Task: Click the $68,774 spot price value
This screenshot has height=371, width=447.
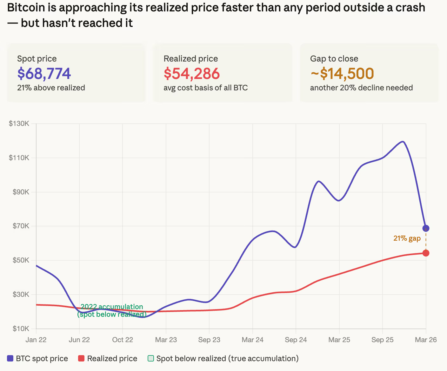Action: tap(44, 74)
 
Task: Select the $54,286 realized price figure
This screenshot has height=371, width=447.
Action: tap(191, 74)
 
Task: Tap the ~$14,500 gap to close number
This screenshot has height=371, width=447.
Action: tap(342, 74)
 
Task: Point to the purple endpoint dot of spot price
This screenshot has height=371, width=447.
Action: tap(426, 228)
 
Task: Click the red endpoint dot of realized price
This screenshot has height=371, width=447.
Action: tap(426, 253)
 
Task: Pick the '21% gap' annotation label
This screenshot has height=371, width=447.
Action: tap(407, 238)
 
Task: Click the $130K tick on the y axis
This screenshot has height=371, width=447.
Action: tap(19, 124)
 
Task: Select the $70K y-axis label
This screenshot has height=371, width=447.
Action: tap(21, 226)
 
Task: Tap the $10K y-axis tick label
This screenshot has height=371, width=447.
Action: tap(21, 329)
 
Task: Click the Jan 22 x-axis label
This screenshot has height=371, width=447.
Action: tap(36, 340)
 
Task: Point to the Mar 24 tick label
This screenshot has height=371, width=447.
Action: tap(252, 340)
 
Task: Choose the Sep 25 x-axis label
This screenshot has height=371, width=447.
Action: tap(382, 340)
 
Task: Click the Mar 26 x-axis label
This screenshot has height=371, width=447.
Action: tap(426, 340)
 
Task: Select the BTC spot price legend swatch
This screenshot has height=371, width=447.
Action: tap(10, 359)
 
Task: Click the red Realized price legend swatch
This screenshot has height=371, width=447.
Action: tap(81, 359)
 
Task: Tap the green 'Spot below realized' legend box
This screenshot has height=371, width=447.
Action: tap(151, 359)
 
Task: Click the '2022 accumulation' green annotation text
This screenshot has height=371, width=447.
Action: tap(112, 307)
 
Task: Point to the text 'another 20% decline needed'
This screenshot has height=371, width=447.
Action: tap(361, 88)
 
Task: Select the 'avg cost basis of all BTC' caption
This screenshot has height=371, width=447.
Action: tap(205, 88)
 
